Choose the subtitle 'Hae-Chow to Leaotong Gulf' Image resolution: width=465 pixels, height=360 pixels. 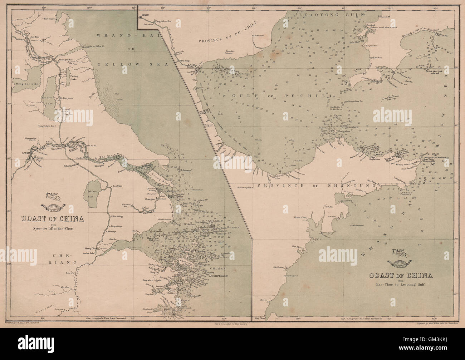coord(401,285)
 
